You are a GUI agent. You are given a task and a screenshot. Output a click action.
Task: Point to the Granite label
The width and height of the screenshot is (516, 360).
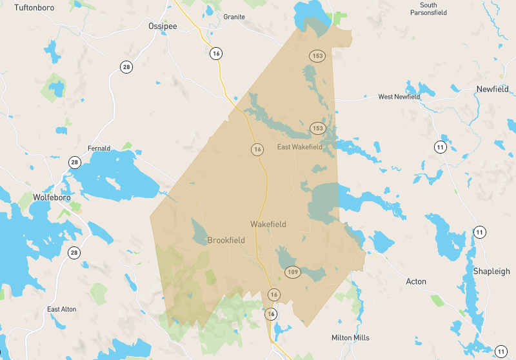[234, 17]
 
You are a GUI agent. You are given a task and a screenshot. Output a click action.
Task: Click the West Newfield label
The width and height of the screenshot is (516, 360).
[399, 97]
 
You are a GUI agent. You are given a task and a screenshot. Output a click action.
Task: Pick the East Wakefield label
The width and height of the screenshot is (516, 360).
[299, 147]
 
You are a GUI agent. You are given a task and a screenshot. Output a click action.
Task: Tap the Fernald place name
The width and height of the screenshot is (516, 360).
[99, 148]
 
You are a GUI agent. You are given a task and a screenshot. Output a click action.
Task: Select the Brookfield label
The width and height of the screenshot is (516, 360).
[226, 240]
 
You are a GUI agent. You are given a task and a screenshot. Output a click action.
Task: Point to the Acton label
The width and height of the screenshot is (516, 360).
[416, 281]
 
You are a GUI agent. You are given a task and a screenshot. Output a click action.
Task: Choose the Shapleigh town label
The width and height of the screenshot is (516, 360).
[491, 272]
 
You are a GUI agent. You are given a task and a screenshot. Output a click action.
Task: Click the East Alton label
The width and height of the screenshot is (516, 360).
[62, 309]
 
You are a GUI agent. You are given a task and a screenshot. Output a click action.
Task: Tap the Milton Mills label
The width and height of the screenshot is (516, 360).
[350, 337]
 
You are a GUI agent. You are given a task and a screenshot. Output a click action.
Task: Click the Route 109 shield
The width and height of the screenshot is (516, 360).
[293, 272]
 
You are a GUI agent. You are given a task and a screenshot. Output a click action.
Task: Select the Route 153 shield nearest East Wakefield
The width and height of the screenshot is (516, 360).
[317, 128]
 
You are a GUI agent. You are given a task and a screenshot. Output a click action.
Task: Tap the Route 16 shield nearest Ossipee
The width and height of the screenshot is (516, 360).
[215, 54]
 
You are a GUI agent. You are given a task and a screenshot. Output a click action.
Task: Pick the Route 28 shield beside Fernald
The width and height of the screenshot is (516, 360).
[75, 162]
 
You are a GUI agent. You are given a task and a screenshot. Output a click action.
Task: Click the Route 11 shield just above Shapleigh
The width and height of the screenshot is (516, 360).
[479, 232]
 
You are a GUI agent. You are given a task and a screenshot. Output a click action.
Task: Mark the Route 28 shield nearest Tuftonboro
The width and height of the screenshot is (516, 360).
[126, 66]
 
